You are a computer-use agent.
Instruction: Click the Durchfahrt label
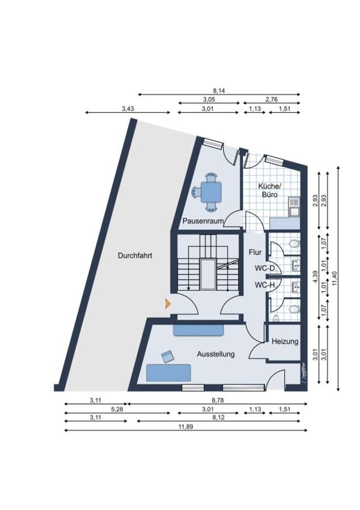click(x=135, y=256)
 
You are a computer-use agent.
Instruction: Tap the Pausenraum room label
click(x=203, y=221)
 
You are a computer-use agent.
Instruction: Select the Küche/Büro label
click(x=269, y=190)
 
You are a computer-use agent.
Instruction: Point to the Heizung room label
click(x=285, y=342)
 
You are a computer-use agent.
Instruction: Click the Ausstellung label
click(x=215, y=354)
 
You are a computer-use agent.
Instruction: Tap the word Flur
click(x=255, y=252)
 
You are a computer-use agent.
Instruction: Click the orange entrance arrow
click(x=168, y=304)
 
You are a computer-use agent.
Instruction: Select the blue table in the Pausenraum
click(x=211, y=193)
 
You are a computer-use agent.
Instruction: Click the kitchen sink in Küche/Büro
click(x=294, y=207)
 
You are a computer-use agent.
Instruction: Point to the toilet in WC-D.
click(x=294, y=244)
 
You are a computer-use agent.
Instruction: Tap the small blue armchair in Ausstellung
click(x=168, y=357)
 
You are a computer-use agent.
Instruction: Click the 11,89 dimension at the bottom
click(x=185, y=427)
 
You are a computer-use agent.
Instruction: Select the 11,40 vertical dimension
click(x=335, y=279)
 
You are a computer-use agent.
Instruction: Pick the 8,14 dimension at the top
click(x=219, y=91)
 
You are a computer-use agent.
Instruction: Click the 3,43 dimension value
click(x=128, y=109)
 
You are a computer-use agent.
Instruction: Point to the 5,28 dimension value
click(x=117, y=409)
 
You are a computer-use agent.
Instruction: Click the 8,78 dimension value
click(x=218, y=401)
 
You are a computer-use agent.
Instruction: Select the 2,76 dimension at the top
click(x=271, y=100)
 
